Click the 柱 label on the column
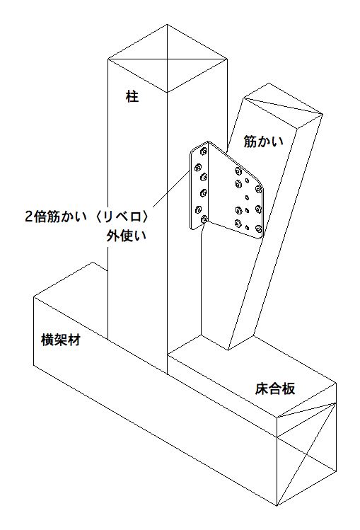click(x=132, y=97)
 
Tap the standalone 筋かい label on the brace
click(x=264, y=142)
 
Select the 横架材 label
click(x=61, y=340)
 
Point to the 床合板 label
click(x=275, y=388)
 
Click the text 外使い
click(x=127, y=235)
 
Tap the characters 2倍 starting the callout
click(x=36, y=217)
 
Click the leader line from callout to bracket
click(x=170, y=189)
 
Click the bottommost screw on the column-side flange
click(x=204, y=219)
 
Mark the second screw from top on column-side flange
click(x=198, y=166)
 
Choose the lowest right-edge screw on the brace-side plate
click(x=260, y=229)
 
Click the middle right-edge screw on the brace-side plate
click(x=259, y=208)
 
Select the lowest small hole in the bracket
click(x=248, y=227)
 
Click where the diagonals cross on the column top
click(x=167, y=59)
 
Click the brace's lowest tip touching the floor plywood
click(x=228, y=350)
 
